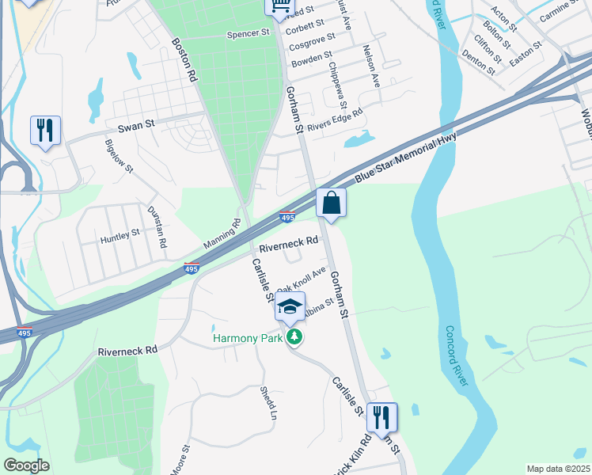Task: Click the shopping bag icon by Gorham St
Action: tap(332, 203)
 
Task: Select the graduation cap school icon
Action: tap(290, 306)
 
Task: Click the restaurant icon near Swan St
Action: tap(45, 130)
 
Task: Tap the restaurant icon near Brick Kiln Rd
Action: tap(382, 416)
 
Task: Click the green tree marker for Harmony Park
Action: tap(295, 338)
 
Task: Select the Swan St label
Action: tap(135, 127)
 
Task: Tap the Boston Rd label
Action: tap(184, 59)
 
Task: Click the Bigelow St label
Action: tap(120, 157)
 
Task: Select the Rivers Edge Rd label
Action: tap(334, 118)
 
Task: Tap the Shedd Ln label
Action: tap(269, 403)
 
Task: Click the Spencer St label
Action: tap(249, 34)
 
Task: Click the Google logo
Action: tap(26, 465)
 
